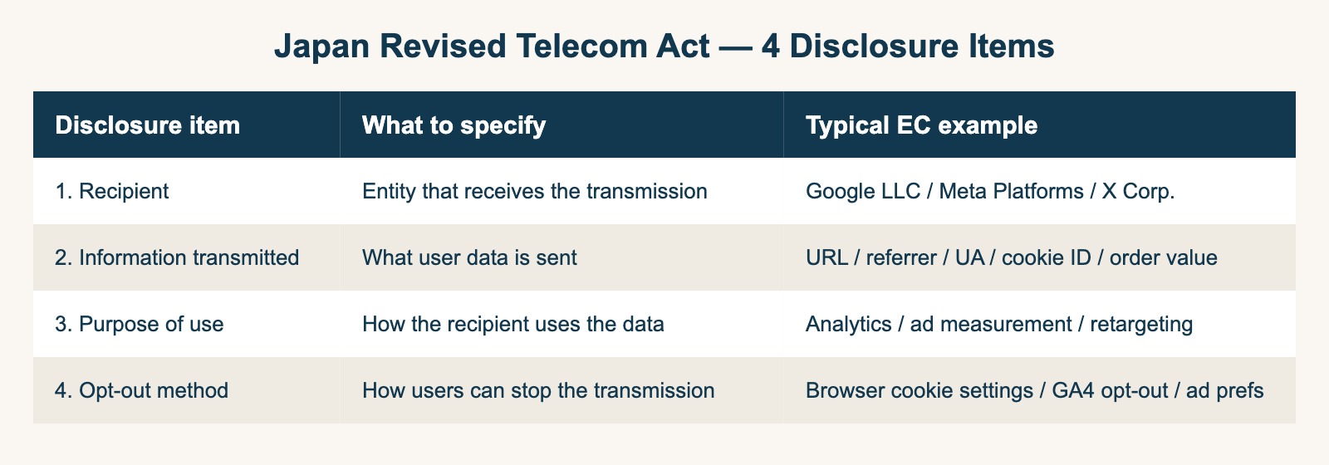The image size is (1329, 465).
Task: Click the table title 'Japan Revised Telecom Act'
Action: pyautogui.click(x=491, y=46)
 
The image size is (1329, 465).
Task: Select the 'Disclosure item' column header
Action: pyautogui.click(x=147, y=125)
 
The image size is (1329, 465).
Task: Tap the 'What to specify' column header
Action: pyautogui.click(x=454, y=125)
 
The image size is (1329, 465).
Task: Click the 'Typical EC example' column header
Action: pyautogui.click(x=921, y=125)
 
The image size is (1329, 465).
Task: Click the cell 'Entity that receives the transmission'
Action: pyautogui.click(x=534, y=191)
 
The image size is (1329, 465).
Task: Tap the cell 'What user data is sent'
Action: pyautogui.click(x=469, y=257)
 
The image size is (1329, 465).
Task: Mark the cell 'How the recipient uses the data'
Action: pyautogui.click(x=512, y=324)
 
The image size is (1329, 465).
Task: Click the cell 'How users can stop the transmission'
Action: pyautogui.click(x=538, y=390)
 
